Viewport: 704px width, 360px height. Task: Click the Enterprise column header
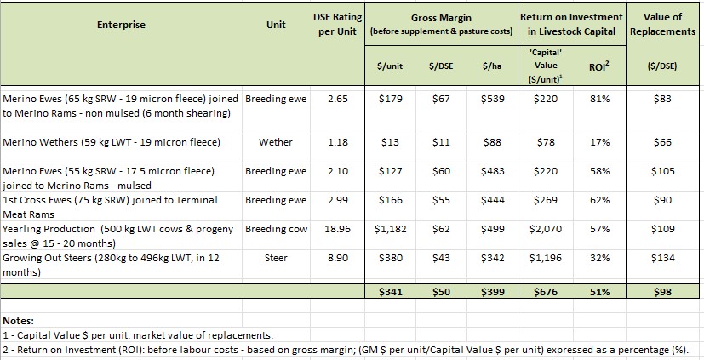tap(122, 25)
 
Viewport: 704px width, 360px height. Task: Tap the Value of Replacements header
tap(662, 25)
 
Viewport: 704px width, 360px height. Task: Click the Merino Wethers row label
tap(112, 142)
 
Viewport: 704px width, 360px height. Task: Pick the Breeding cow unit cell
tap(275, 230)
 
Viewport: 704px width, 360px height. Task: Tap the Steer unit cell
tap(275, 258)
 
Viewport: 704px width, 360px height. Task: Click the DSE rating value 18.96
tap(337, 230)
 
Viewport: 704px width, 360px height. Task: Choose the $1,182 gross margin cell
tap(391, 230)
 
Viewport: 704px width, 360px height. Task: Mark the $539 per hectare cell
tap(492, 99)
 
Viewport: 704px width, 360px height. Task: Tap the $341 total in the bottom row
tap(391, 292)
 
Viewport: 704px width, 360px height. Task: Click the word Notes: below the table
tap(19, 322)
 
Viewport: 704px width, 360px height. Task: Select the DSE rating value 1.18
tap(337, 142)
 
